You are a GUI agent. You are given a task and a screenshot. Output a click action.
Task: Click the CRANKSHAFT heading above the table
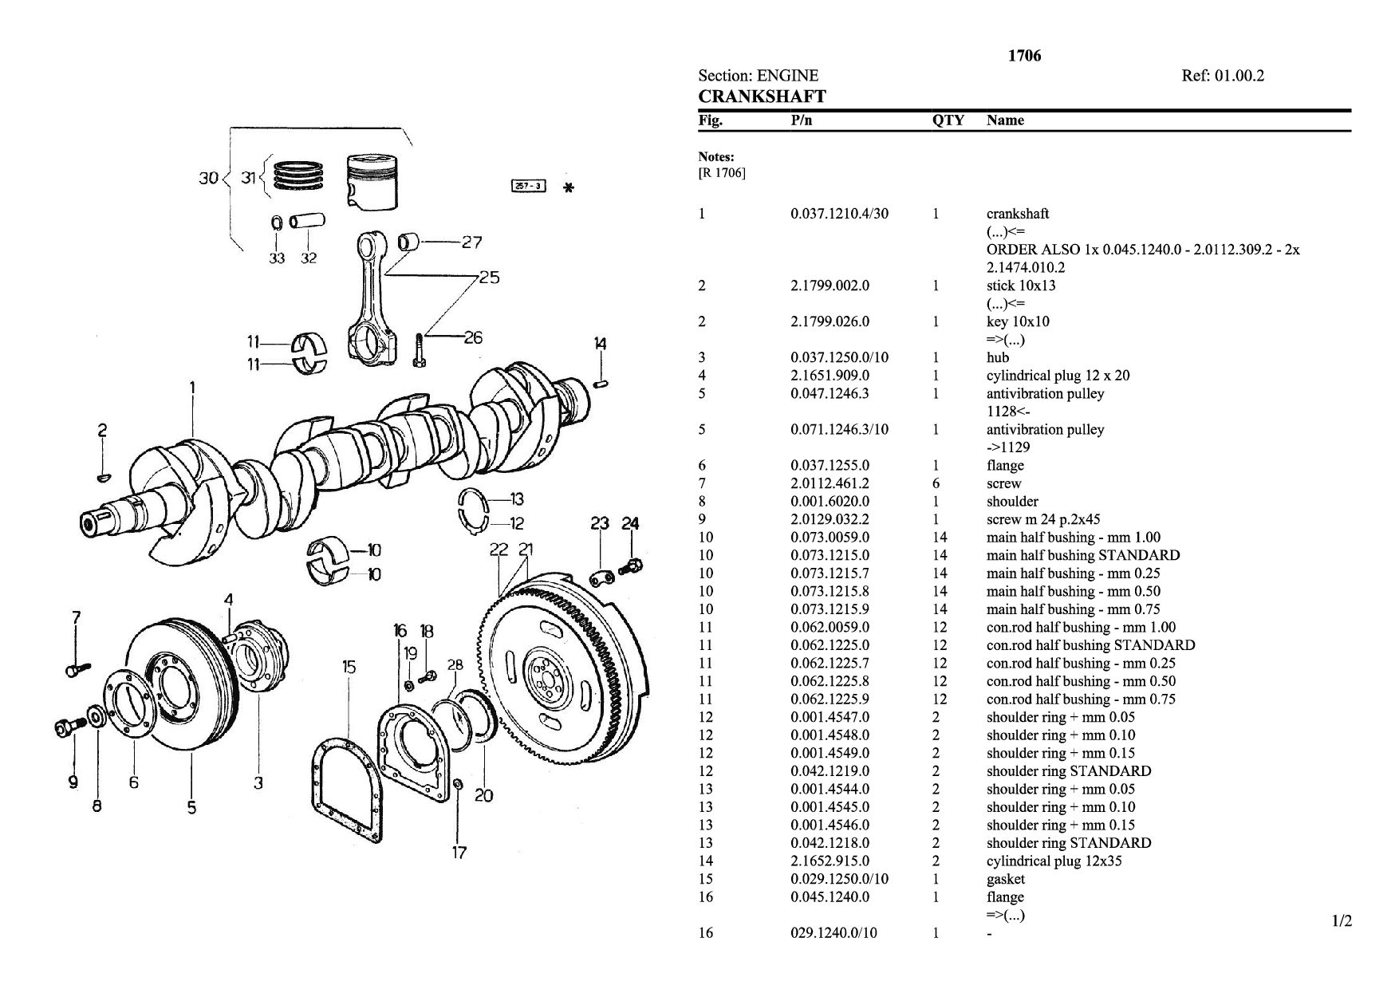(762, 97)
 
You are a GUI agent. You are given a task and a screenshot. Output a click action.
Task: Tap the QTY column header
(948, 120)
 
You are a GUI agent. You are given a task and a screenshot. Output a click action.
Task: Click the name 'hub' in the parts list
(997, 357)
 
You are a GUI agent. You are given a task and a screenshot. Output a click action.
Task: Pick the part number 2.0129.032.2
(830, 519)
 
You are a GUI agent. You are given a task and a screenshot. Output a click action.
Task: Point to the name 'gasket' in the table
(1005, 879)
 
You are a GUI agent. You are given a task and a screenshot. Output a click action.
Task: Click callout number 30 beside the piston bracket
(208, 178)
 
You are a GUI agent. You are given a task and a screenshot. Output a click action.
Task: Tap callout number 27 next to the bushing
(471, 242)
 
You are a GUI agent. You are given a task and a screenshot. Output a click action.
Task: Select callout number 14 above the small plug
(600, 344)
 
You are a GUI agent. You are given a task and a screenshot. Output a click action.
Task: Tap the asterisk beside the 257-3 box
(569, 188)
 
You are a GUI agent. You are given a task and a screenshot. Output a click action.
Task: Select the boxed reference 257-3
(527, 187)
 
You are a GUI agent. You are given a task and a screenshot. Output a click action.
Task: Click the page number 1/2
(1342, 922)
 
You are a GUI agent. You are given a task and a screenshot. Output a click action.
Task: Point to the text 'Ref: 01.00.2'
(1223, 76)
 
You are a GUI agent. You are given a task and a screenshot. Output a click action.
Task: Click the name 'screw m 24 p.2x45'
(1043, 519)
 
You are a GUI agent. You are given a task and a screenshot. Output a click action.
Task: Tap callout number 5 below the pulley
(191, 808)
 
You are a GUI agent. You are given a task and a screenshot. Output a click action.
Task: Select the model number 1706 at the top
(1024, 56)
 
